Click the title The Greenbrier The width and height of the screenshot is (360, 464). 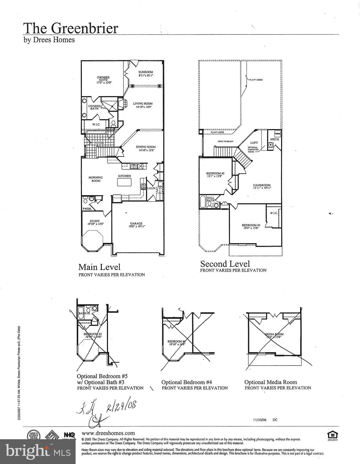tap(71, 28)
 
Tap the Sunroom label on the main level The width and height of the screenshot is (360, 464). tap(146, 72)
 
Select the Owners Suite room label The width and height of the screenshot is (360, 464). tap(103, 79)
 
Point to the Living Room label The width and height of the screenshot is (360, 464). tap(143, 104)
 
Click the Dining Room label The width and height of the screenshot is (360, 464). tap(145, 147)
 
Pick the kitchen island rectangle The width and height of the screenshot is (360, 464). tap(125, 182)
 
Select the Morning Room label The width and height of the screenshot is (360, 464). tap(96, 179)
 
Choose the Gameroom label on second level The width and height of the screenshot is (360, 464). tap(262, 185)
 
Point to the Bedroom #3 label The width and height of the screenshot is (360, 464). tap(251, 225)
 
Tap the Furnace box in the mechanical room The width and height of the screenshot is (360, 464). tap(277, 134)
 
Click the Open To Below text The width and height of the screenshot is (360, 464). tap(225, 141)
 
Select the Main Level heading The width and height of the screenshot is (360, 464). tap(99, 267)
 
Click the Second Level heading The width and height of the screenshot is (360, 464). tap(225, 264)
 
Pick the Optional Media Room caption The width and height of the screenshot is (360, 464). tap(271, 382)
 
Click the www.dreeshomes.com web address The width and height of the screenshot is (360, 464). tap(108, 433)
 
